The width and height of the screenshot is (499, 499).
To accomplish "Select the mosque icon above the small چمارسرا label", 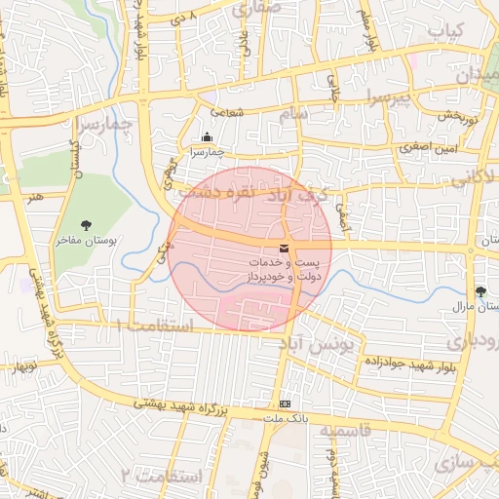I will [207, 138].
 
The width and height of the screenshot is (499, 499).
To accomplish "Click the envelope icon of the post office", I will [284, 250].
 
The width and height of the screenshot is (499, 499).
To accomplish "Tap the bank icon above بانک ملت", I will [284, 403].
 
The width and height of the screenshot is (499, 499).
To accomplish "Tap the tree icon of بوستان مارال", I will [480, 291].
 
